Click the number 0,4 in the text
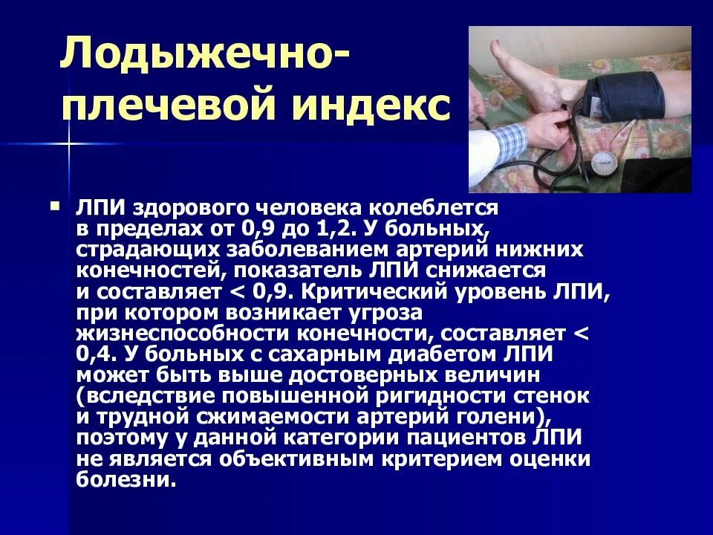pos(93,354)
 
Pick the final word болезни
pos(126,480)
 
